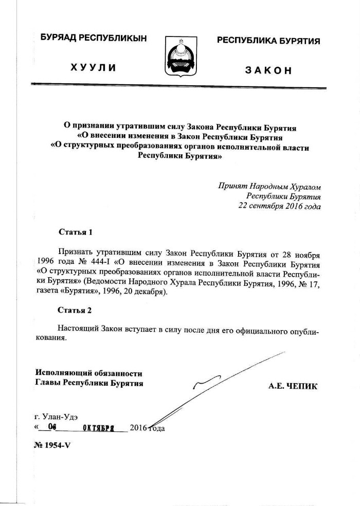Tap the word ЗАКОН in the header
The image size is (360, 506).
tap(268, 70)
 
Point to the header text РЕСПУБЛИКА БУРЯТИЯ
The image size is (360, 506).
tap(268, 40)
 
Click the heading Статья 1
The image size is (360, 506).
tap(76, 232)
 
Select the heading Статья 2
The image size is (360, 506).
tap(76, 311)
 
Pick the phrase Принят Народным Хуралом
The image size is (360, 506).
tap(269, 186)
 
